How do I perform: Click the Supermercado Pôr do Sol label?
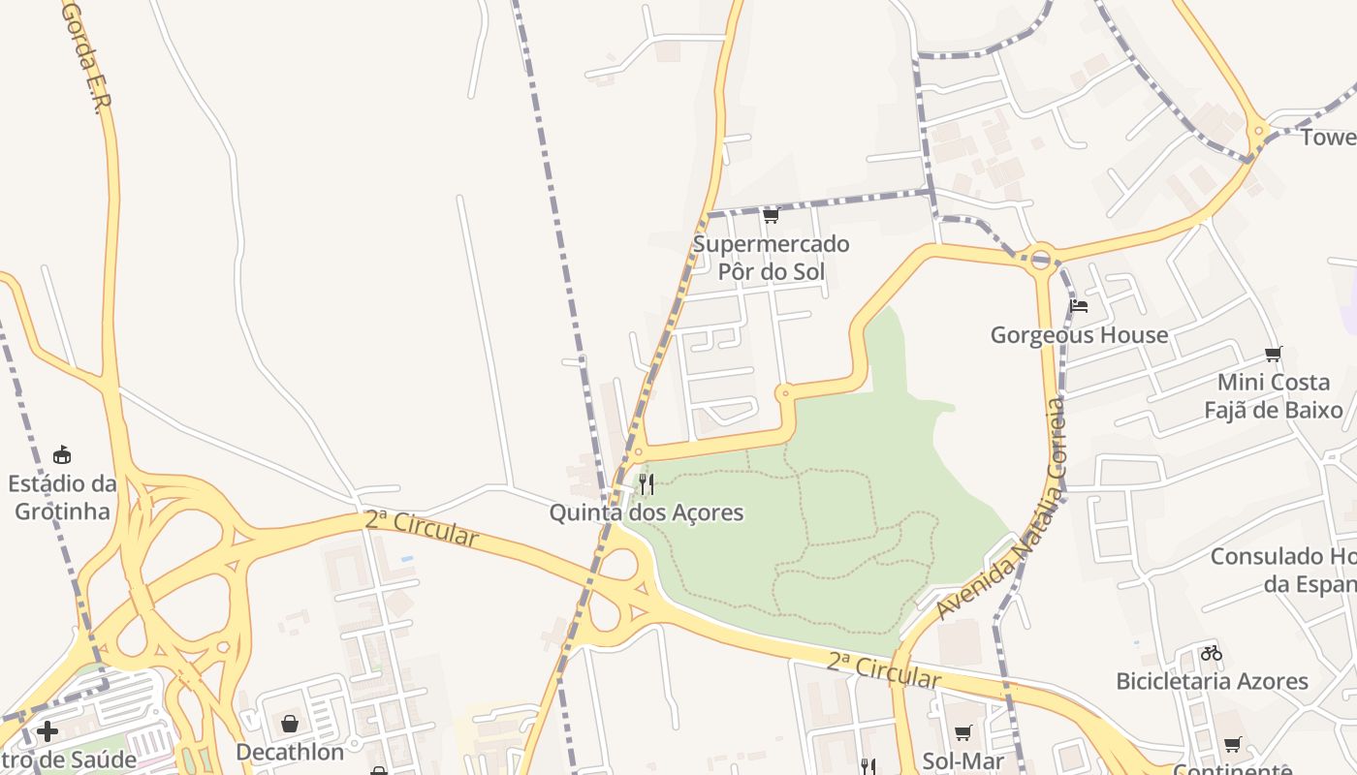tap(771, 258)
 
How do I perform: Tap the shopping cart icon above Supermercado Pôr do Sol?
tap(771, 215)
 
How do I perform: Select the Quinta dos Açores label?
tap(647, 512)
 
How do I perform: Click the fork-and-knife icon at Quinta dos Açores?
tap(647, 483)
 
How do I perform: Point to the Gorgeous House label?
tap(1079, 335)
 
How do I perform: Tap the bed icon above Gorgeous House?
tap(1079, 307)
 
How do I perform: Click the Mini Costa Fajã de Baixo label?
tap(1274, 396)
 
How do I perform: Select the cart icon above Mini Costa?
tap(1274, 355)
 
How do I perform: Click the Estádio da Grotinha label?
tap(62, 497)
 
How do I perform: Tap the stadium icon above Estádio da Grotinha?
tap(62, 454)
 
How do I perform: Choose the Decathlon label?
tap(290, 752)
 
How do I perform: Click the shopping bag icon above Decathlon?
tap(290, 724)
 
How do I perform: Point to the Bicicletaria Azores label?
tap(1212, 681)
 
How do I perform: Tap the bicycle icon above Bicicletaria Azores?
tap(1212, 653)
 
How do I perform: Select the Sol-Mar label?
tap(963, 761)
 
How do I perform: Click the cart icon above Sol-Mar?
tap(963, 733)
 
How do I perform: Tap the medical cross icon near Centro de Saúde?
tap(47, 731)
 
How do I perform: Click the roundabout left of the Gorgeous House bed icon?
tap(1041, 259)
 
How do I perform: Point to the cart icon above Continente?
tap(1232, 745)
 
